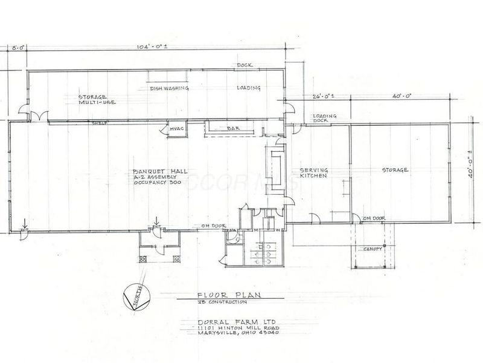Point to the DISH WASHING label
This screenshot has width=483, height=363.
(x=170, y=88)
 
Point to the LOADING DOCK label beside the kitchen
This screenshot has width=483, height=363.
(x=325, y=118)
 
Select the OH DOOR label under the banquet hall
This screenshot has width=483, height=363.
(x=210, y=226)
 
